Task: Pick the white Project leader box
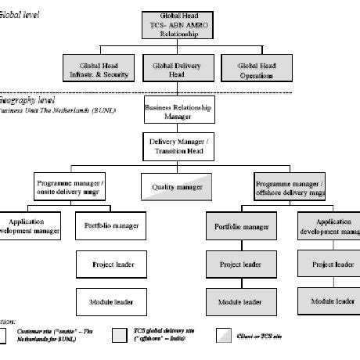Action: click(110, 265)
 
